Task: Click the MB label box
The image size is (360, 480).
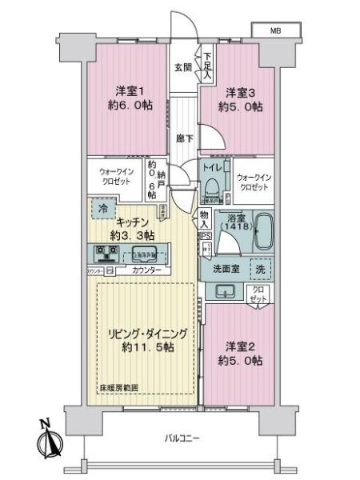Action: [275, 31]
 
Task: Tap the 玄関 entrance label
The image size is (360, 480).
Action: [183, 68]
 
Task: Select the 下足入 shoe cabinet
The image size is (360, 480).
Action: [208, 61]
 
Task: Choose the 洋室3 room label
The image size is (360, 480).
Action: [238, 94]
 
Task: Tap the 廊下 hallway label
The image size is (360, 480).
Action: [183, 137]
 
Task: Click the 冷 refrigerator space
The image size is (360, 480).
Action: [103, 209]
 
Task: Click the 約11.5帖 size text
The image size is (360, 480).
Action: [146, 348]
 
